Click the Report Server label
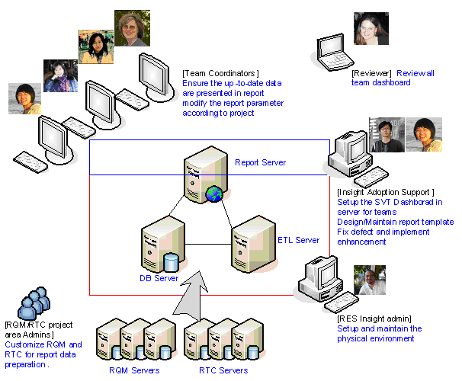tap(260, 162)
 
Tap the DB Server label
tap(159, 278)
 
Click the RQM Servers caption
tap(133, 370)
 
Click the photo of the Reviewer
tap(371, 28)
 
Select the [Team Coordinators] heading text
tap(220, 73)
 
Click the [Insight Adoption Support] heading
tap(385, 192)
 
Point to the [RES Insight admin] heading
tap(374, 318)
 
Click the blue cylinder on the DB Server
tap(172, 262)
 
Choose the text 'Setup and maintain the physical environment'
tap(379, 333)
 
